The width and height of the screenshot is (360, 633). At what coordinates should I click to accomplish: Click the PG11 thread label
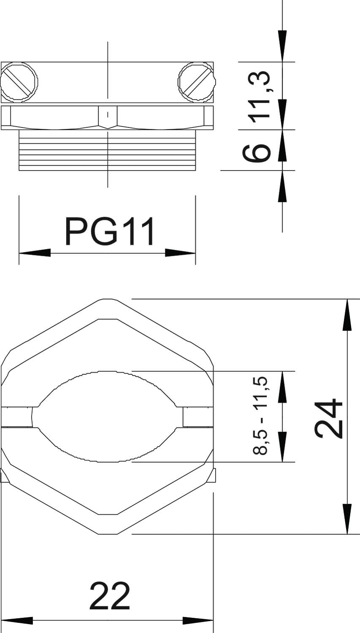pyautogui.click(x=110, y=231)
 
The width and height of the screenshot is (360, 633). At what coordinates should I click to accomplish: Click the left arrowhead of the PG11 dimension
pyautogui.click(x=35, y=253)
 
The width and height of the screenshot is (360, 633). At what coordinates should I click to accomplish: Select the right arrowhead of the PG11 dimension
pyautogui.click(x=180, y=253)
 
